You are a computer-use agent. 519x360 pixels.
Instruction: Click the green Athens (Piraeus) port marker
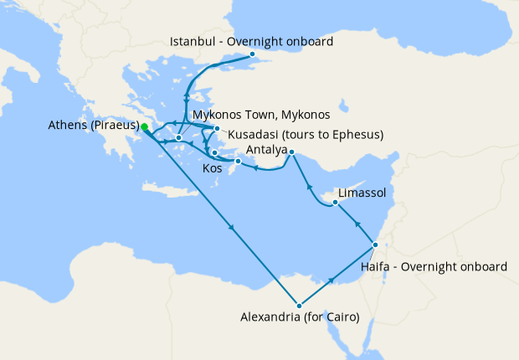point(144,127)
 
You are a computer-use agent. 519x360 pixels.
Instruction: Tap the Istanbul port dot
point(253,54)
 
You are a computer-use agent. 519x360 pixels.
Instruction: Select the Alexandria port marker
point(298,305)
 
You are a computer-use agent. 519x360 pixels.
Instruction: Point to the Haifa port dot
point(375,244)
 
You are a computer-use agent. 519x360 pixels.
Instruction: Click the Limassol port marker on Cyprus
point(334,203)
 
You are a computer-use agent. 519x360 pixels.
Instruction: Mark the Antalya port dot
point(291,152)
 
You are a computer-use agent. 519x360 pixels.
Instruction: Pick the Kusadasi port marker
point(217,128)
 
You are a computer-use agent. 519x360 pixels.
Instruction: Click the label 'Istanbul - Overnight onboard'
point(251,41)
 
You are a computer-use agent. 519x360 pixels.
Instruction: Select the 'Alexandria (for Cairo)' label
point(300,318)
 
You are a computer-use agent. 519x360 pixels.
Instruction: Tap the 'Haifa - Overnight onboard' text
point(433,266)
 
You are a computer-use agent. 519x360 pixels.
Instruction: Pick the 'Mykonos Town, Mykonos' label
point(260,114)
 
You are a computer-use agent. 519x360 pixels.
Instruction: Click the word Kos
point(213,169)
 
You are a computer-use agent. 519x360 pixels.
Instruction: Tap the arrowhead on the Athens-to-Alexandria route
point(231,229)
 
